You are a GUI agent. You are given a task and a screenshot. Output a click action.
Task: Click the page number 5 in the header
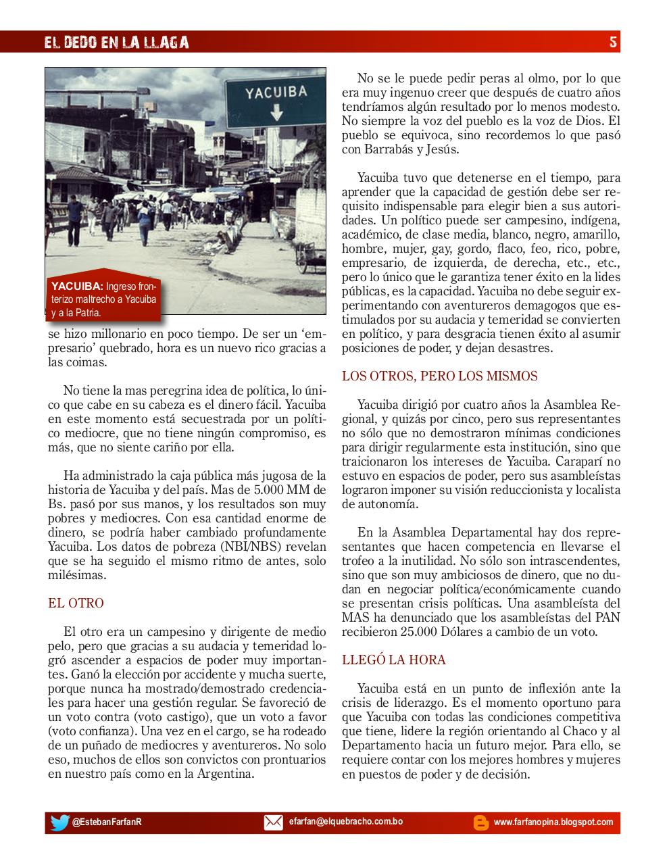(x=612, y=42)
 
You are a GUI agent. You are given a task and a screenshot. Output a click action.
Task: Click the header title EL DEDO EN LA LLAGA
(x=116, y=43)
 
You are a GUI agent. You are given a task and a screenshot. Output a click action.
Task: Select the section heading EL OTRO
(x=76, y=603)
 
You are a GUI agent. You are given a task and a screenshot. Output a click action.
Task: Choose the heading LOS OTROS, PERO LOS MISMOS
(x=439, y=376)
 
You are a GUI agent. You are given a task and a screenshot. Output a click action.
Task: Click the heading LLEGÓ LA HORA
(x=393, y=660)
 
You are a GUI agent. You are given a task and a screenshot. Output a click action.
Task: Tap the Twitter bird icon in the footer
(x=59, y=822)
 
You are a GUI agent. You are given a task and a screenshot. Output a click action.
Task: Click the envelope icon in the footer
(x=273, y=822)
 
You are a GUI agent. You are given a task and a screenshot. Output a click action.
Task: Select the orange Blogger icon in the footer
(x=480, y=822)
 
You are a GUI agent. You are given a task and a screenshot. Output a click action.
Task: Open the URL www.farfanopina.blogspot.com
(x=553, y=822)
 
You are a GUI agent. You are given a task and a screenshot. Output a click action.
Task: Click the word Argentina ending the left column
(x=224, y=774)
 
